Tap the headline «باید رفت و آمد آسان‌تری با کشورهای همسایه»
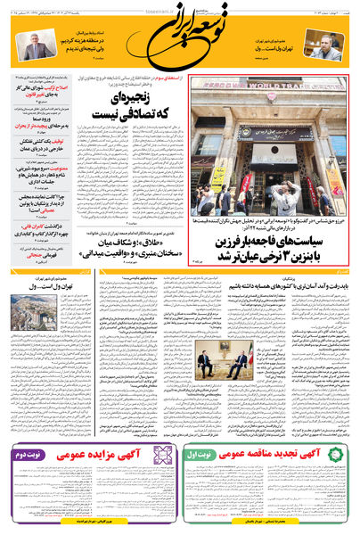pos(299,284)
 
